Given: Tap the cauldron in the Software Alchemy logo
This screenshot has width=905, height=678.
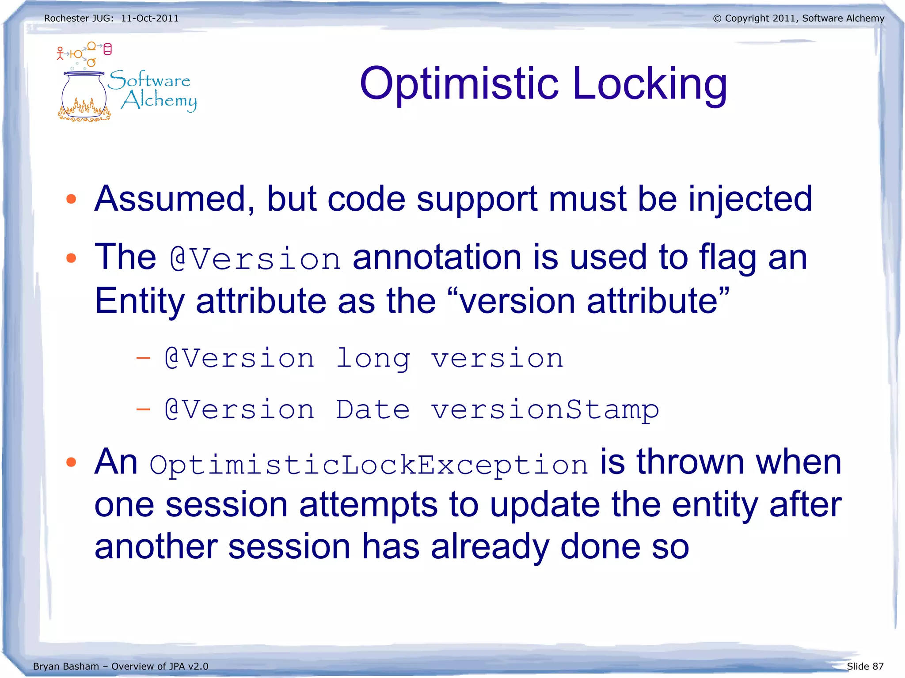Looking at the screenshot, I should point(84,95).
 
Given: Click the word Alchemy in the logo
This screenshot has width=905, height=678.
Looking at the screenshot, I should point(159,101).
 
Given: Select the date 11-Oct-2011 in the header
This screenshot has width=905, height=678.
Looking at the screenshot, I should point(150,19).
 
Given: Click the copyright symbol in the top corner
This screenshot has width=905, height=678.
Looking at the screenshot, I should point(717,19).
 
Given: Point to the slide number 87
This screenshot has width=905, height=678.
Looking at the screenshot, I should point(878,666).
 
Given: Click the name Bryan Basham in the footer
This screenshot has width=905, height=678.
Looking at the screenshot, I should point(66,666).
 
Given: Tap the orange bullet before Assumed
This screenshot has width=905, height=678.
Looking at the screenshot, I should point(71,199).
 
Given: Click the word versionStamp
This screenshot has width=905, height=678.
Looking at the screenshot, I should point(545,410).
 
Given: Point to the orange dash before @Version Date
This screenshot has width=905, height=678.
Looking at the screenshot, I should point(143,410).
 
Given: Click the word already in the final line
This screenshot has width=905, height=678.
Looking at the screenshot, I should point(490,547).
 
